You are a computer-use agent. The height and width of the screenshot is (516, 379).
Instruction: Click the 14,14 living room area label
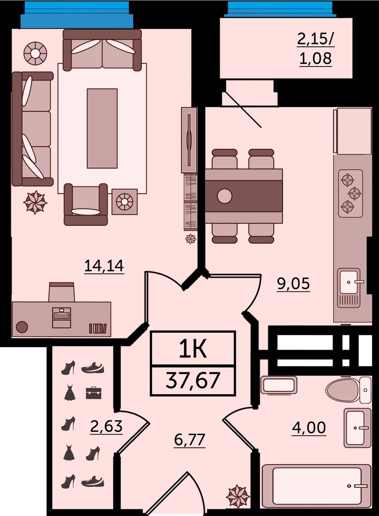[x=104, y=266]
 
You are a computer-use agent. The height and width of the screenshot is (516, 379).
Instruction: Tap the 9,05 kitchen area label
[x=293, y=283]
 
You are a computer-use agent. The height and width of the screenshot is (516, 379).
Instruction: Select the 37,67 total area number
[x=193, y=381]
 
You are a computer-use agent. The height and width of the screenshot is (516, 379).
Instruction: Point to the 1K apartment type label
[x=193, y=349]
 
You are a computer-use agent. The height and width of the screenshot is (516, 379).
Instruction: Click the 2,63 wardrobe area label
[x=106, y=426]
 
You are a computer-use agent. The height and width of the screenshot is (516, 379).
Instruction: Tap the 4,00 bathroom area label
[x=309, y=427]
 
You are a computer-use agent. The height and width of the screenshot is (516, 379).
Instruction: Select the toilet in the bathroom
[x=348, y=390]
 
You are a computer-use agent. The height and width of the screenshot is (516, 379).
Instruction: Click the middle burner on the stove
[x=355, y=193]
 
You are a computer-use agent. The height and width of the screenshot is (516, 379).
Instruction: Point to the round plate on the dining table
[x=225, y=196]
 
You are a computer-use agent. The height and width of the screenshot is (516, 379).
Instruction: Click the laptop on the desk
[x=61, y=318]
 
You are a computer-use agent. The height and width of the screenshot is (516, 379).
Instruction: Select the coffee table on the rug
[x=102, y=129]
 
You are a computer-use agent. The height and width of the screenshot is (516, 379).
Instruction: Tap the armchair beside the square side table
[x=86, y=205]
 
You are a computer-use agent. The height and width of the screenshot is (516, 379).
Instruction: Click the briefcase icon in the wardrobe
[x=93, y=393]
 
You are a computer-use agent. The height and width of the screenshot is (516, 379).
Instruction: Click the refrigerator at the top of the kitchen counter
[x=353, y=131]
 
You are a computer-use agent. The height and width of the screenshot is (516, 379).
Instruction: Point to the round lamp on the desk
[x=22, y=327]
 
